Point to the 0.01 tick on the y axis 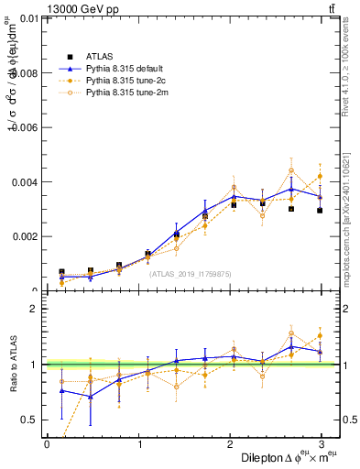coord(27,17)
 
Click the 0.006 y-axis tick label coord(24,127)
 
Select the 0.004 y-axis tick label coord(24,182)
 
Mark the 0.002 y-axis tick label coord(24,237)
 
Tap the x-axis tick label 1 coord(138,444)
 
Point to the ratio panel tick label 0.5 coord(30,420)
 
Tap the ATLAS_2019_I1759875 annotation coord(191,273)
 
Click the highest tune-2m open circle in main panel coord(291,170)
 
